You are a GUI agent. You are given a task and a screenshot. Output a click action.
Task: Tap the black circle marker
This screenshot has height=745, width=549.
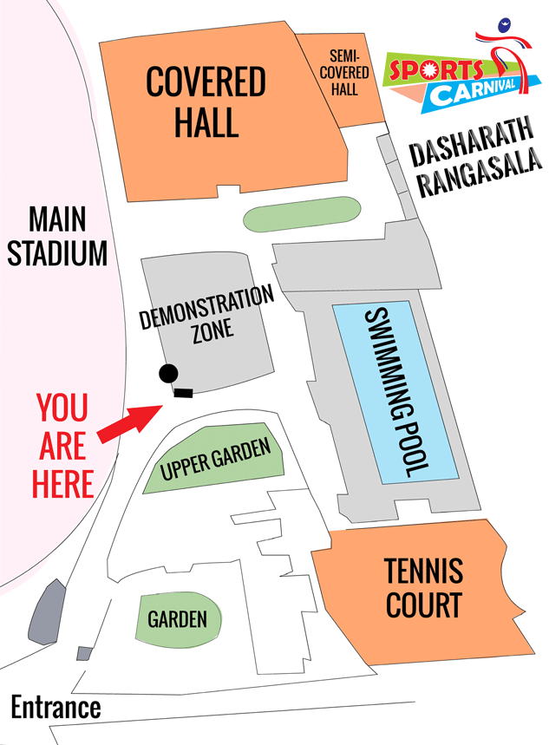click(x=168, y=374)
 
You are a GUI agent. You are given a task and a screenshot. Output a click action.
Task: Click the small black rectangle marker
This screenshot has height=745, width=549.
click(x=183, y=394)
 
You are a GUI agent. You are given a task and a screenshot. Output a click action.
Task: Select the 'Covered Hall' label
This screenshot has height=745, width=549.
click(x=206, y=102)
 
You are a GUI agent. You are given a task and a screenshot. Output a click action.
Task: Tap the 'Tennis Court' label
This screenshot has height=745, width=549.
click(x=424, y=587)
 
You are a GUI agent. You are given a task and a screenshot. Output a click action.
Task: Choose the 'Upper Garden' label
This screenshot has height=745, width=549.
click(x=215, y=460)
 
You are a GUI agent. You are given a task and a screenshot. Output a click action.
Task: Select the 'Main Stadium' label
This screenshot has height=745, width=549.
click(x=57, y=236)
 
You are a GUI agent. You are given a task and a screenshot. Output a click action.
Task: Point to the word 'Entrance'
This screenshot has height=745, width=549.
click(x=56, y=707)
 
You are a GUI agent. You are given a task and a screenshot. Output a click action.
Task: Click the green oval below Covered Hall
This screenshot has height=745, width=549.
click(x=300, y=215)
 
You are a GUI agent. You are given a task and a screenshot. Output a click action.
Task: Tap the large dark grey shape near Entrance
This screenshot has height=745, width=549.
click(x=48, y=612)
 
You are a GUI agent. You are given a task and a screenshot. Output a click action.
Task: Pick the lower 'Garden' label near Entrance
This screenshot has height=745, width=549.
click(x=177, y=619)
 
